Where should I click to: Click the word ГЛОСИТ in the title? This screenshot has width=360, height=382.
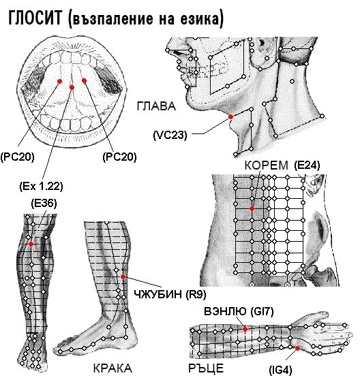[x=35, y=18]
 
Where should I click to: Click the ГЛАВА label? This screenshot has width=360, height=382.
[x=156, y=106]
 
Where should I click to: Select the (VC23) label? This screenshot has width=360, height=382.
[x=170, y=135]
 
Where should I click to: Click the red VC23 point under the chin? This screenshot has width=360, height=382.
[x=230, y=116]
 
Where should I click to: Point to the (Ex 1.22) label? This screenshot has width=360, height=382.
[x=41, y=187]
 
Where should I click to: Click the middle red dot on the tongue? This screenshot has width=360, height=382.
[x=72, y=87]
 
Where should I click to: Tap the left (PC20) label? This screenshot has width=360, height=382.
[x=17, y=157]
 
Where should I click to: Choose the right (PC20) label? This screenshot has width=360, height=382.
[x=119, y=157]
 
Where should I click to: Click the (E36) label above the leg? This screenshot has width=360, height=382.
[x=44, y=203]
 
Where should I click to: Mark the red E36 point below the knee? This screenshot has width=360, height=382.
[x=31, y=244]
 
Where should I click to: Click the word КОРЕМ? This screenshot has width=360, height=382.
[x=267, y=165]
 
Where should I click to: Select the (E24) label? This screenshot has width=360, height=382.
[x=307, y=165]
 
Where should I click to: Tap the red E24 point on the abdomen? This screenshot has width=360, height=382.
[x=252, y=208]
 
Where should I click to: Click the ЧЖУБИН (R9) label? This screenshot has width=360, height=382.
[x=170, y=295]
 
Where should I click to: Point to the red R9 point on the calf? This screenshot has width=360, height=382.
[x=123, y=276]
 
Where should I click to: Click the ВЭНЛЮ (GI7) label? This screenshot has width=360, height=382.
[x=239, y=311]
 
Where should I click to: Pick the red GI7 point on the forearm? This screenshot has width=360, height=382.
[x=245, y=329]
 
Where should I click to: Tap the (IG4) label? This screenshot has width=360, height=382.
[x=280, y=370]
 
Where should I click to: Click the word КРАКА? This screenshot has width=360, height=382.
[x=112, y=368]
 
